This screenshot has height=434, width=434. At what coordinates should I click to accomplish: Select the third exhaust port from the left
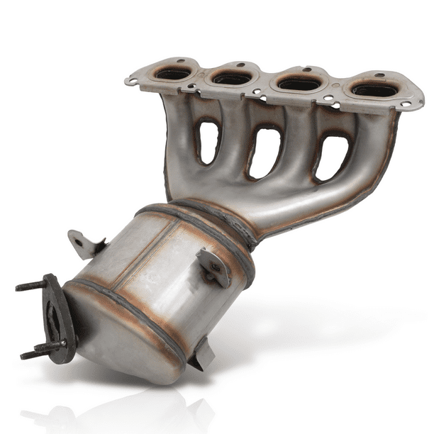pos(297,84)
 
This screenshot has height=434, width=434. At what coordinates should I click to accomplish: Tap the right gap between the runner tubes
pos(332,157)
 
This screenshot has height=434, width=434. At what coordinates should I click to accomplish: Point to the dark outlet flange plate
pos(55,319)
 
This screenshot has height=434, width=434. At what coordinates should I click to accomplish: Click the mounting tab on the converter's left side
pos(84,245)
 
